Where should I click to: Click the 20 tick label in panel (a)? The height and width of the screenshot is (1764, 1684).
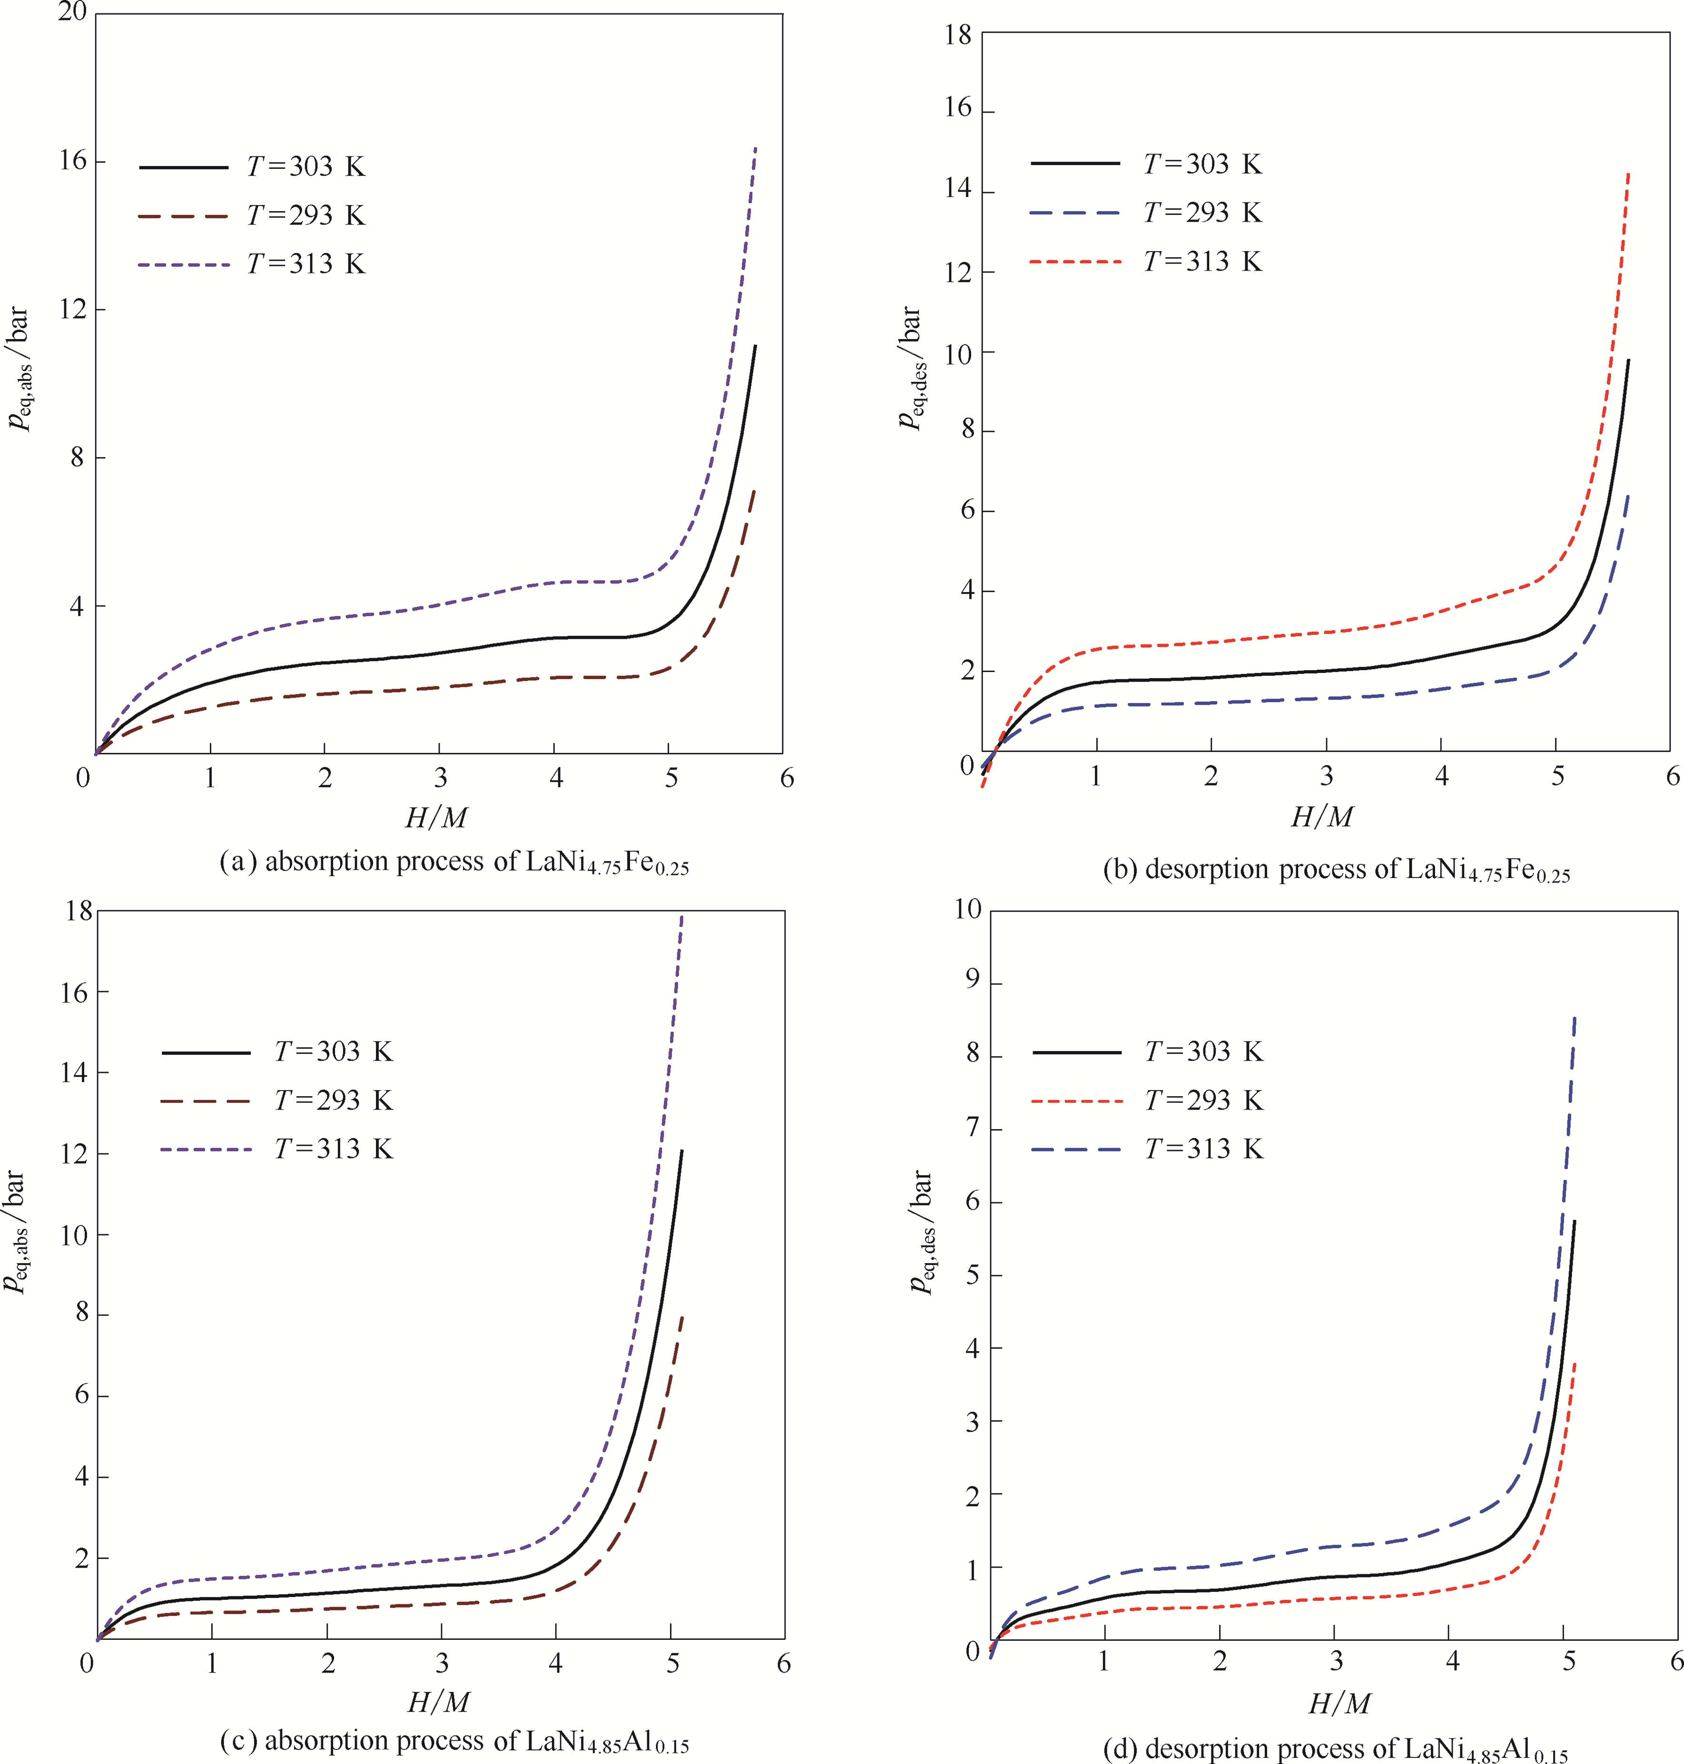click(72, 12)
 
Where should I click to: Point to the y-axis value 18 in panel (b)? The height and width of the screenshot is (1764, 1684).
click(958, 35)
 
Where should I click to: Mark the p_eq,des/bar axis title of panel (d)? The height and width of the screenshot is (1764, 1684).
click(922, 1231)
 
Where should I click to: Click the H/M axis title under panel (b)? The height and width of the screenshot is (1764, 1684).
click(1321, 817)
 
